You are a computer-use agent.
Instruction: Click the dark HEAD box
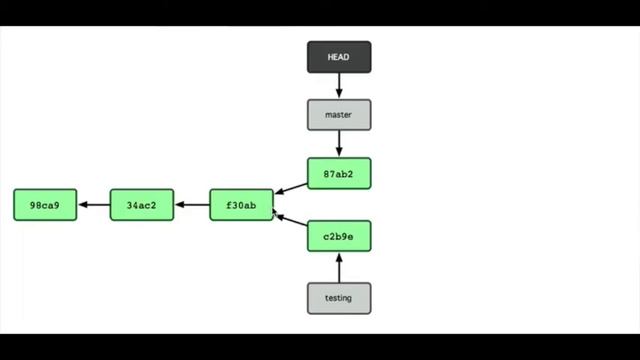coord(339,57)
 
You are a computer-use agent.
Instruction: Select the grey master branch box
coord(339,115)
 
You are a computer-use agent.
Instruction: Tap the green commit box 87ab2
coord(339,173)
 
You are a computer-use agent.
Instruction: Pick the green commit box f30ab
coord(241,205)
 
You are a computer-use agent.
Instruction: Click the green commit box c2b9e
coord(339,236)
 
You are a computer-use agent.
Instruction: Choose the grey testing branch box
coord(339,298)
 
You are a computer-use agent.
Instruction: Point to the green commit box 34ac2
coord(142,205)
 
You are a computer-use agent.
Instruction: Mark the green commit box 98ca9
coord(45,205)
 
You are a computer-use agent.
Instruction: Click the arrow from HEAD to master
coord(339,86)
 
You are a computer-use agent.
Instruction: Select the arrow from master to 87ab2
coord(339,144)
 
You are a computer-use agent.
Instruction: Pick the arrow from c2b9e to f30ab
coord(291,222)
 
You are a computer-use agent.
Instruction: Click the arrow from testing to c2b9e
coord(339,267)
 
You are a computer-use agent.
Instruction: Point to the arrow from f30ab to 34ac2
coord(192,205)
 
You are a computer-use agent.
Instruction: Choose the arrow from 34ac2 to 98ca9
coord(94,205)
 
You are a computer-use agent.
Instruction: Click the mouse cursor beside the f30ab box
coord(275,212)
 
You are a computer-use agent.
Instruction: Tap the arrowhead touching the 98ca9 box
coord(82,205)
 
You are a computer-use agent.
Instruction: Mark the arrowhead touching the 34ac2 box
coord(179,205)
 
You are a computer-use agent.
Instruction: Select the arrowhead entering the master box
coord(339,95)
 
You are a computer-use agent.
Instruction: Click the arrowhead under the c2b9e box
coord(339,257)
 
